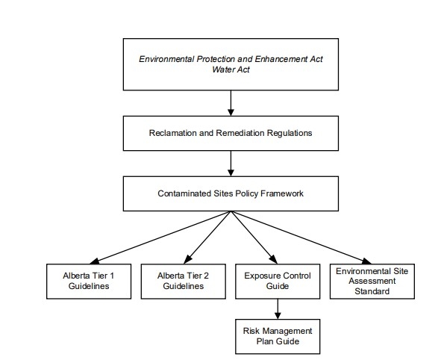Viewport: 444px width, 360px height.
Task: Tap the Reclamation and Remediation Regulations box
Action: coord(231,133)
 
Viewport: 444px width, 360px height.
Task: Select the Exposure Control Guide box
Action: coord(278,280)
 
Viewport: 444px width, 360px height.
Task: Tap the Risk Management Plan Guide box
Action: coord(278,335)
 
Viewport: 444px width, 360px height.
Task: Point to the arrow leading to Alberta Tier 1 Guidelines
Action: coord(157,236)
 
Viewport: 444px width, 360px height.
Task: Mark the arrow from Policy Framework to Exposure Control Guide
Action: coord(254,236)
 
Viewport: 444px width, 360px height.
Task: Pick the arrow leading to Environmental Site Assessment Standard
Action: coord(302,236)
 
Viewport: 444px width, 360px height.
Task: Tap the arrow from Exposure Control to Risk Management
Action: coord(278,308)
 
